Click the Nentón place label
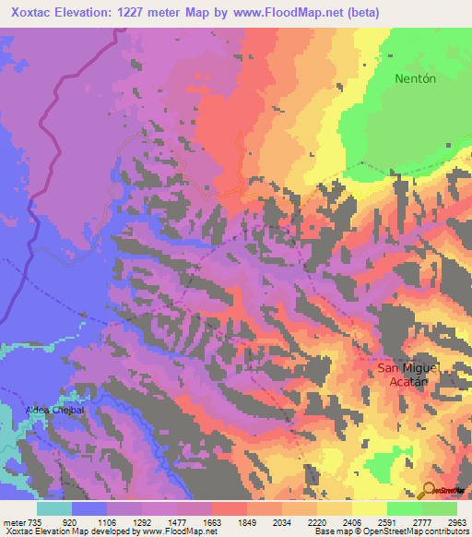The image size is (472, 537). pos(414,78)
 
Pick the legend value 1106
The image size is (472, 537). pos(108,521)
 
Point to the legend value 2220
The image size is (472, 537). pos(317,521)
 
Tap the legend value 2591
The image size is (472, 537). pos(386,521)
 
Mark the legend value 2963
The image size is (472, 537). pos(455,521)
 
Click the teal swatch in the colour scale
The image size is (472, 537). pos(54,508)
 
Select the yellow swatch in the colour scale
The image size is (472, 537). pos(370,508)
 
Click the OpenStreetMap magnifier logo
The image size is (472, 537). pos(428,490)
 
